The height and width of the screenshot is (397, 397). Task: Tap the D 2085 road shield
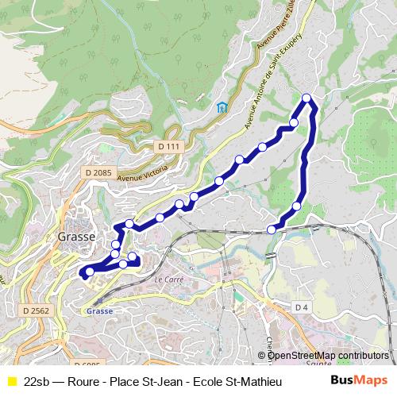(x=97, y=172)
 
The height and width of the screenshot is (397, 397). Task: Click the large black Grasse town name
(x=77, y=237)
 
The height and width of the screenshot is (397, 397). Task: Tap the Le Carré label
(x=168, y=280)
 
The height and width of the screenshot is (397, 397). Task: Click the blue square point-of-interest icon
(x=222, y=107)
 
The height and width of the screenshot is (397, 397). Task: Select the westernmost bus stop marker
(x=89, y=272)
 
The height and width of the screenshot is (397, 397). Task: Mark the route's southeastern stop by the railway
(x=272, y=229)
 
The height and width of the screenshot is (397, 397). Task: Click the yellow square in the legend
(x=10, y=382)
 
